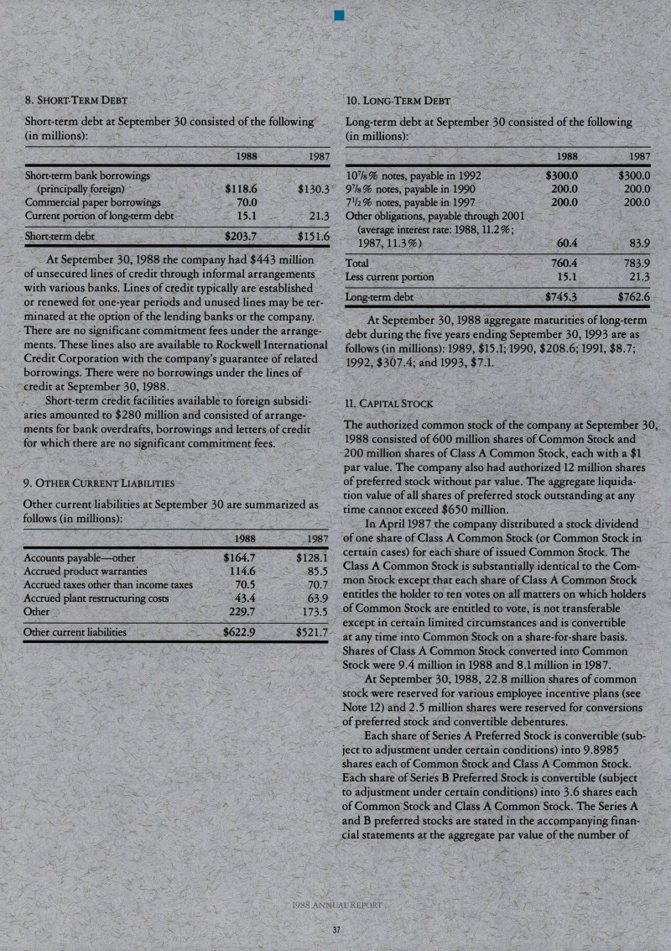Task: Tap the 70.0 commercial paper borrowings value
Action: pos(246,201)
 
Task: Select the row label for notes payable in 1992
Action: pos(413,176)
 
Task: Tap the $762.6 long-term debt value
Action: pos(635,296)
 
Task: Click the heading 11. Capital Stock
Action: pos(389,404)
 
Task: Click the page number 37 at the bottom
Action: pos(335,929)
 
